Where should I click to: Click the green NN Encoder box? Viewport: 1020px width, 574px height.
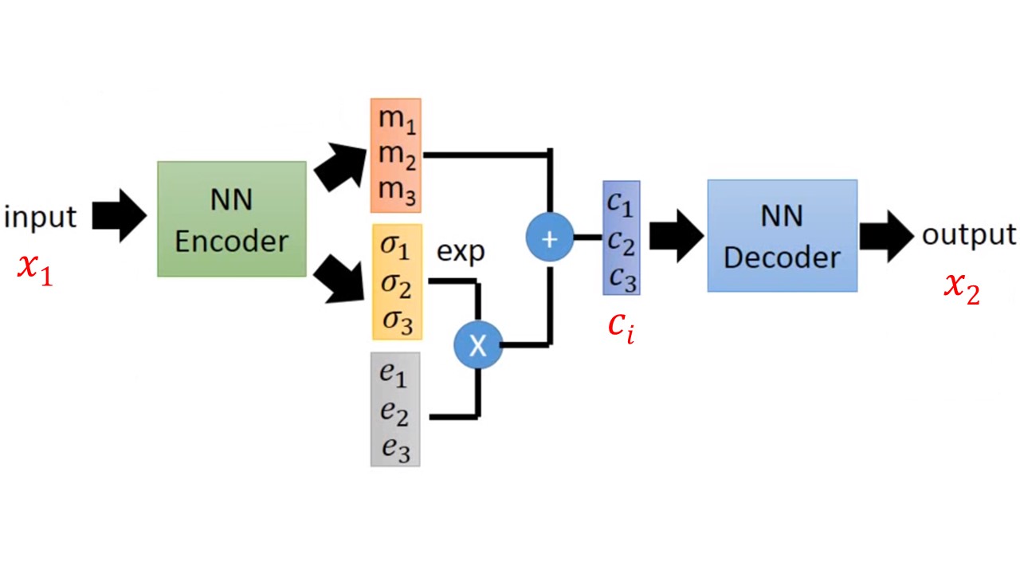pyautogui.click(x=231, y=219)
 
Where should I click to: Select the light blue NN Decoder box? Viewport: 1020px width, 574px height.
pyautogui.click(x=782, y=235)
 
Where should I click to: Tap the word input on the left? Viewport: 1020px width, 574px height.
pyautogui.click(x=40, y=217)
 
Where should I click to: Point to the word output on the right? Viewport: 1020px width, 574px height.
pyautogui.click(x=969, y=235)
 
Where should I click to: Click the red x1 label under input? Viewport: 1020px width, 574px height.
pyautogui.click(x=35, y=269)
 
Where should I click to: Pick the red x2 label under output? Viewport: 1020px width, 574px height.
pyautogui.click(x=962, y=288)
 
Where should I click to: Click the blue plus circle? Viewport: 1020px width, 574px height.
pyautogui.click(x=549, y=238)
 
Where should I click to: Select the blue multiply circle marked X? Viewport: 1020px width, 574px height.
pyautogui.click(x=477, y=344)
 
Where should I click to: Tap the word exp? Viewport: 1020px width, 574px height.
pyautogui.click(x=461, y=252)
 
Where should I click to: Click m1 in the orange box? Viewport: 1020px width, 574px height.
pyautogui.click(x=396, y=120)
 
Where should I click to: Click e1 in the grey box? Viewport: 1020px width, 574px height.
pyautogui.click(x=394, y=373)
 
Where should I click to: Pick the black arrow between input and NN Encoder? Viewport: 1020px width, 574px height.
pyautogui.click(x=119, y=216)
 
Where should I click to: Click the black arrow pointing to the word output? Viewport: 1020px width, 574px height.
pyautogui.click(x=885, y=236)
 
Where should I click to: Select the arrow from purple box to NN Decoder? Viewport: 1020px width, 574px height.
pyautogui.click(x=676, y=237)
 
